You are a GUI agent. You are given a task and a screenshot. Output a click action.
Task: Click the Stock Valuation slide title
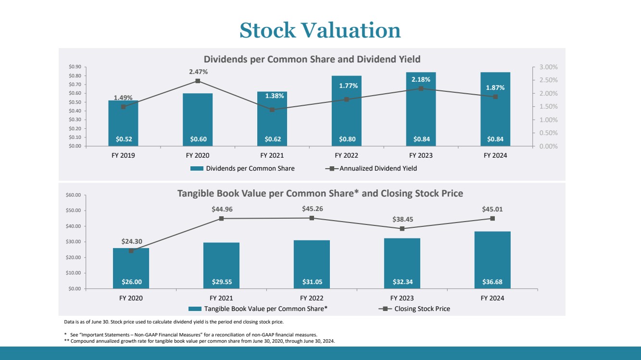pyautogui.click(x=320, y=30)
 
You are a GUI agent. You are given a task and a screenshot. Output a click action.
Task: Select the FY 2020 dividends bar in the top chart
pyautogui.click(x=198, y=120)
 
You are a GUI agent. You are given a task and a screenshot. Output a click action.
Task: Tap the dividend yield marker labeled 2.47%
pyautogui.click(x=198, y=81)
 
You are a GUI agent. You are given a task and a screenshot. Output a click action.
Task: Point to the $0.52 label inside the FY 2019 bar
pyautogui.click(x=124, y=139)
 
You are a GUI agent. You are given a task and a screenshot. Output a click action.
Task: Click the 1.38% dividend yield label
pyautogui.click(x=275, y=96)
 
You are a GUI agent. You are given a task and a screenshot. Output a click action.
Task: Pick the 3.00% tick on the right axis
pyautogui.click(x=548, y=67)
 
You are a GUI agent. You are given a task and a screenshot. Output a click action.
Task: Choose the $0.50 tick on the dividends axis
pyautogui.click(x=75, y=102)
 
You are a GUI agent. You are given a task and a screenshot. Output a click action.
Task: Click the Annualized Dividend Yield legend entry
pyautogui.click(x=371, y=168)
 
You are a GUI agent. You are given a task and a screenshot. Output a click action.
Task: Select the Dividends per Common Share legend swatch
pyautogui.click(x=197, y=168)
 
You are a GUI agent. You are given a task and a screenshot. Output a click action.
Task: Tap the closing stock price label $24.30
pyautogui.click(x=132, y=241)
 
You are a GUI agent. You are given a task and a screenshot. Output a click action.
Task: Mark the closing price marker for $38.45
pyautogui.click(x=402, y=228)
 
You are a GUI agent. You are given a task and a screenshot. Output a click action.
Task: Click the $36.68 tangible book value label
pyautogui.click(x=492, y=282)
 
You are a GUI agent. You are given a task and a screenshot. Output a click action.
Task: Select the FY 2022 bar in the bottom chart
pyautogui.click(x=312, y=264)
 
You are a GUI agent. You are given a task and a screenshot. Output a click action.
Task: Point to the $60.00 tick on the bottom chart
pyautogui.click(x=73, y=195)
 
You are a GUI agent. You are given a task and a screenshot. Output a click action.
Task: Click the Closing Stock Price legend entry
pyautogui.click(x=415, y=309)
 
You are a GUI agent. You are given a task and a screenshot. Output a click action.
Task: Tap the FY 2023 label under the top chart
pyautogui.click(x=421, y=155)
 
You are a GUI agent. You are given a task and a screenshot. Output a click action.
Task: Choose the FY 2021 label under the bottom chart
pyautogui.click(x=221, y=298)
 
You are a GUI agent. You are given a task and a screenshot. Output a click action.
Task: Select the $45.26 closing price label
pyautogui.click(x=313, y=209)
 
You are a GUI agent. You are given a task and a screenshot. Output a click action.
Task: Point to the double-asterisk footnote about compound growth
pyautogui.click(x=200, y=341)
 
